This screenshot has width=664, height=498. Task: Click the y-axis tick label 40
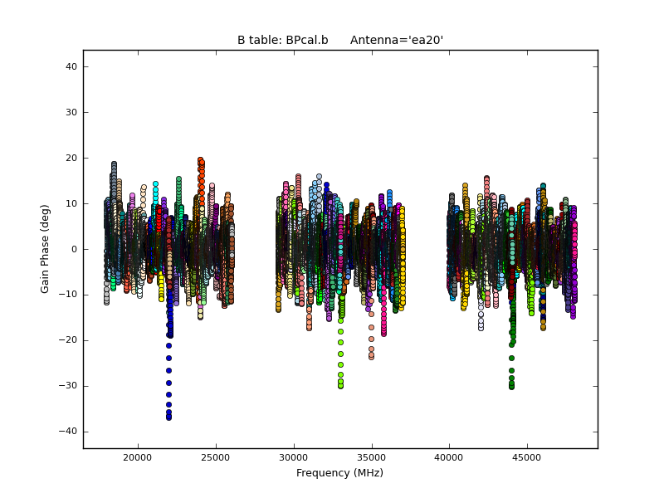point(71,66)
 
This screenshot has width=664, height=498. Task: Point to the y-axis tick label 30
point(71,112)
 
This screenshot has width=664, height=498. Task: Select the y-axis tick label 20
point(71,158)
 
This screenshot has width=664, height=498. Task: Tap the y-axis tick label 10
point(71,203)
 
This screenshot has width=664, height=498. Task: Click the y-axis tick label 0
point(75,249)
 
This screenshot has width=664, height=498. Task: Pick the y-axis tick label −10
point(68,295)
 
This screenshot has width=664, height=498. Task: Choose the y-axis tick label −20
point(68,340)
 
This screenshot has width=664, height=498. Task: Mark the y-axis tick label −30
point(68,386)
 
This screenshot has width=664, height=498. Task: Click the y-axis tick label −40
point(68,432)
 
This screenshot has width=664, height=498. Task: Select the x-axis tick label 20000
point(138,457)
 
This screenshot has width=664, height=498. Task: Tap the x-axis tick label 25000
point(216,457)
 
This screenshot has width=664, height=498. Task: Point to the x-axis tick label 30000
point(294,457)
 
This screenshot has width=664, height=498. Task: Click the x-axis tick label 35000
point(371,457)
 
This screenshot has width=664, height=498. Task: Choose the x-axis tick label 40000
point(449,457)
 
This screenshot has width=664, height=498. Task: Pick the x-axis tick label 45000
point(527,457)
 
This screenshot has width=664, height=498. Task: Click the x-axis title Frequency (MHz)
point(339,473)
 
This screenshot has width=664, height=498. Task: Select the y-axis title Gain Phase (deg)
point(46,249)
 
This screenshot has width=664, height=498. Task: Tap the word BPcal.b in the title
point(306,40)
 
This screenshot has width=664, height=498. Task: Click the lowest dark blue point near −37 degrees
point(168,417)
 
